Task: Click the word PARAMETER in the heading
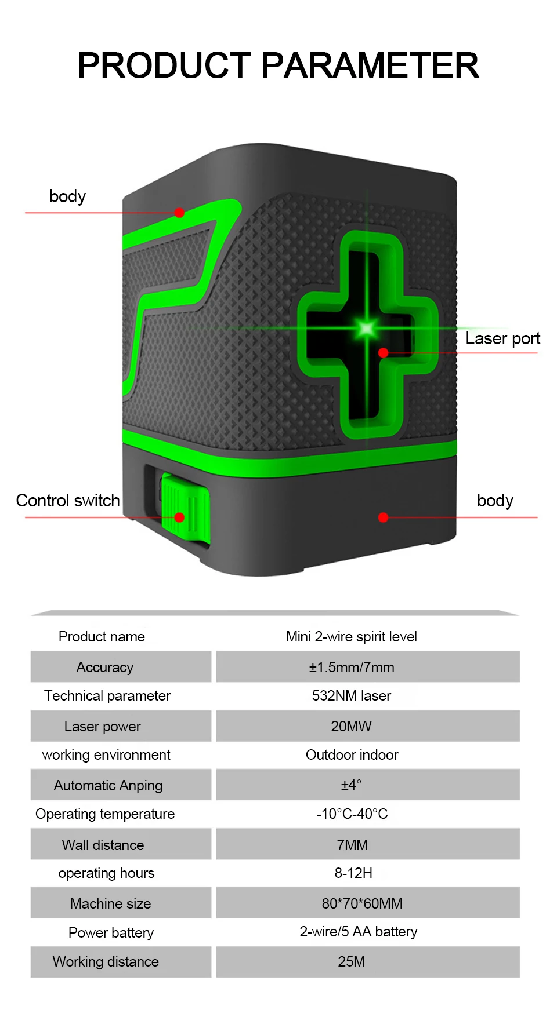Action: [370, 65]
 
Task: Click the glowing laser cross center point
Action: [367, 329]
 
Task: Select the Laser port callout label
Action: [502, 338]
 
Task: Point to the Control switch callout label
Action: [68, 501]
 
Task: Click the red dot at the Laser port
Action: [383, 352]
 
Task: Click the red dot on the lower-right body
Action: [383, 517]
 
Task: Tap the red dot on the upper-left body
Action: [179, 213]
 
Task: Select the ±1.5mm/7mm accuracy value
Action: [352, 668]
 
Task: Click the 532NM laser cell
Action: [352, 696]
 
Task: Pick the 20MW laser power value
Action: [352, 727]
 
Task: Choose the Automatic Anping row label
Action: [108, 786]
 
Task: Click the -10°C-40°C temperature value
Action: [352, 814]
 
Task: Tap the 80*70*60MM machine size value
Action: [362, 904]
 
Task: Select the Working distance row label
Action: [106, 962]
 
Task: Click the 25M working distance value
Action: [352, 962]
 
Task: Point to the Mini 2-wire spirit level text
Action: [352, 637]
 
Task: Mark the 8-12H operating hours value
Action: [353, 873]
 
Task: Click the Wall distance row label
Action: [103, 845]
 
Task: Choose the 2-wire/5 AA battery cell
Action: [359, 932]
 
